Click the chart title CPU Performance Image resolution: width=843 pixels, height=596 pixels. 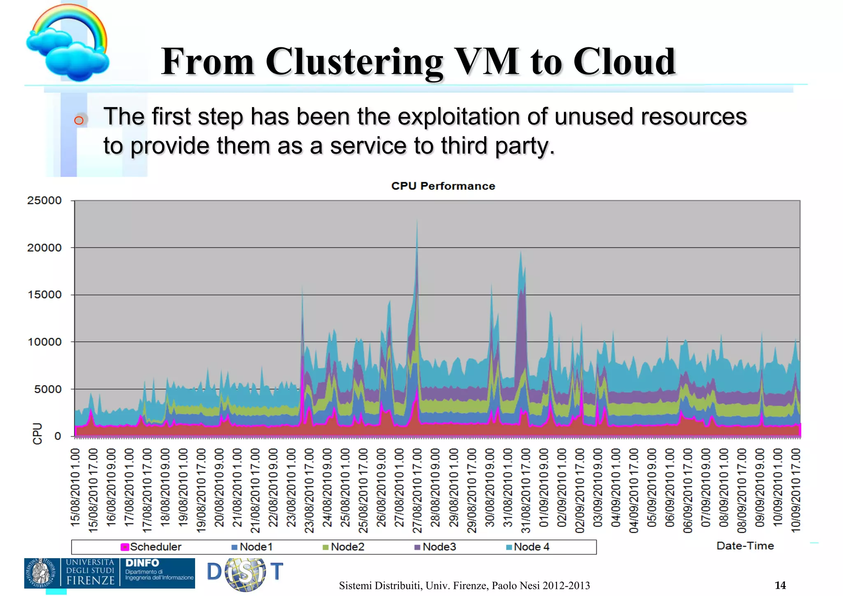pos(443,186)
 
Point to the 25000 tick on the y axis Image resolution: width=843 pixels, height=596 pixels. pos(44,201)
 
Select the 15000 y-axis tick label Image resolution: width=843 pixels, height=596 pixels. pos(44,295)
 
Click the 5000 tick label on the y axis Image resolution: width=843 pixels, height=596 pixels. pos(47,389)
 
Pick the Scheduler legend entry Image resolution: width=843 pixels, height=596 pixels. pos(151,547)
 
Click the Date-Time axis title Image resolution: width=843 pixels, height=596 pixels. pos(745,546)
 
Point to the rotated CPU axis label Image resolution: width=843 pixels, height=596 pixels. pos(37,433)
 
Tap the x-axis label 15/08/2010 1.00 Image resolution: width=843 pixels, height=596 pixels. pos(75,488)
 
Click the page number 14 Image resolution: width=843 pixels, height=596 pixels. pos(780,585)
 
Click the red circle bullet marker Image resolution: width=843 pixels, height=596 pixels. pos(79,120)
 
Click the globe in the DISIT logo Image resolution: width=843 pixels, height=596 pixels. pos(245,574)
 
